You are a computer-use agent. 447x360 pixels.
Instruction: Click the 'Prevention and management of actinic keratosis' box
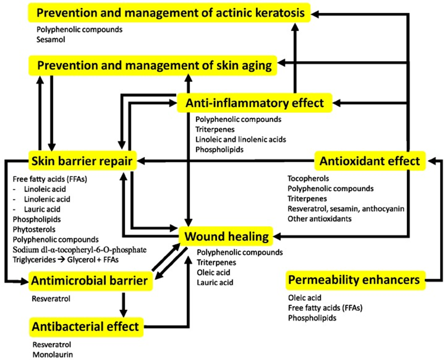169,12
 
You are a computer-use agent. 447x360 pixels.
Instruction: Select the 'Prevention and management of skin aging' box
153,66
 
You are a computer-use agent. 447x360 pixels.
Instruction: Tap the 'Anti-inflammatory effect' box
254,103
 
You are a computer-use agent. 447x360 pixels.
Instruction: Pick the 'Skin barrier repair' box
83,161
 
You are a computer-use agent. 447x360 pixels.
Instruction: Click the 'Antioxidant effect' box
370,161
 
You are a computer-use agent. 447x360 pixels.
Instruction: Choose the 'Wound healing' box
226,237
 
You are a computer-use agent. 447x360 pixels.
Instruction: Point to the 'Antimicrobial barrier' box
91,281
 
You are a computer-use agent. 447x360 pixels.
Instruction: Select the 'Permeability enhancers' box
355,280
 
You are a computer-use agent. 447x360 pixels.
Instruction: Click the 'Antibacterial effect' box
86,327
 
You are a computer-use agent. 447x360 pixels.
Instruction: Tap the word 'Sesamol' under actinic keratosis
51,39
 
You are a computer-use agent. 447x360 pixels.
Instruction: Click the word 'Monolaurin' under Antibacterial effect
53,354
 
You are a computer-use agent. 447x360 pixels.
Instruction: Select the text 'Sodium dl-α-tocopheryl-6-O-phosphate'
79,249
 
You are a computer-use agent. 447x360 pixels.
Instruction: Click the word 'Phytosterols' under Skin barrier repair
34,229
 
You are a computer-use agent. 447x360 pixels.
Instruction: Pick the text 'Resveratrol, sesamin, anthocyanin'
346,209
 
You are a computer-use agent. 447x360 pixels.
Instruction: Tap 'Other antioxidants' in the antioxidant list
320,219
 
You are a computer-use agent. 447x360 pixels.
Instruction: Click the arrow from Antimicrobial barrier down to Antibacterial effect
123,304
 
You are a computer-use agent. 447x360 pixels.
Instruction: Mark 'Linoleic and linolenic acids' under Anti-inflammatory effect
241,139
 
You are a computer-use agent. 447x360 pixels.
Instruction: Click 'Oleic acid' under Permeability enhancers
305,298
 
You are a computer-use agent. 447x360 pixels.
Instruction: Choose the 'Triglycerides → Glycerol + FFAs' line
66,260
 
